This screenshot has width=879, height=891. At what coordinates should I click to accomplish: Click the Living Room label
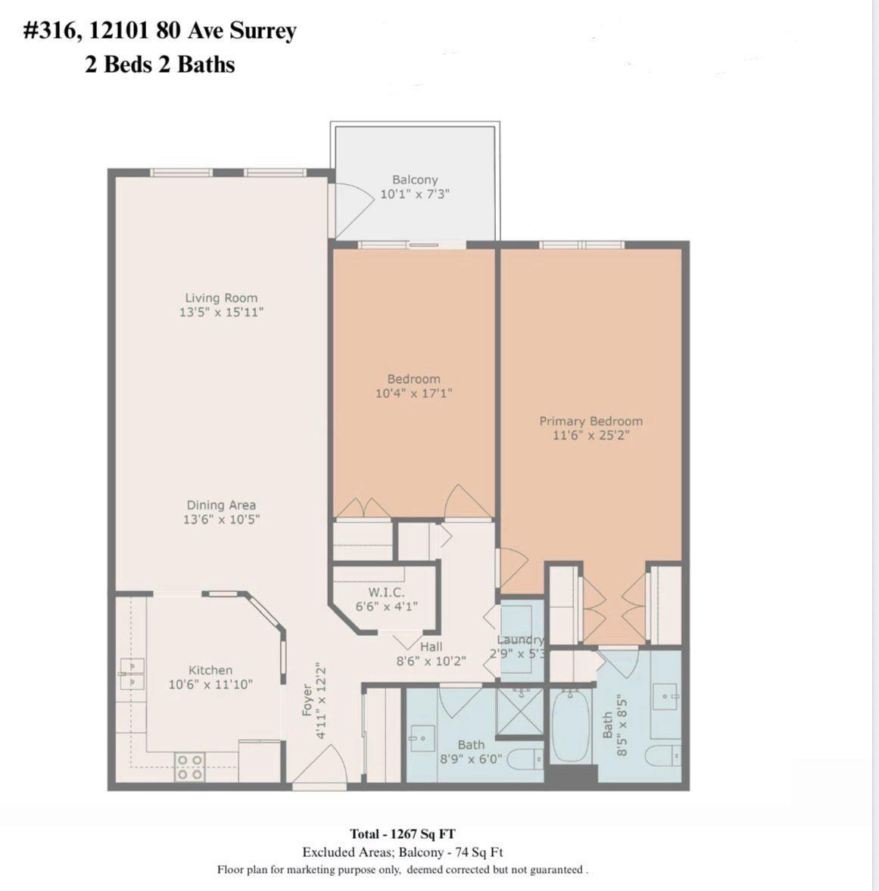click(221, 298)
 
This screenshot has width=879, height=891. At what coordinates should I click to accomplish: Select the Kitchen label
click(210, 670)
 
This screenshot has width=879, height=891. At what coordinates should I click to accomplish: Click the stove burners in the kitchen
click(189, 767)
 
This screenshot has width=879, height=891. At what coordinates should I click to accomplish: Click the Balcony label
click(414, 179)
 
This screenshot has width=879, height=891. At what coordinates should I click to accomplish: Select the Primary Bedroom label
click(591, 421)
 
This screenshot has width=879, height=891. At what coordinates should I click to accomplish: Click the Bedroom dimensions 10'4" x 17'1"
click(413, 393)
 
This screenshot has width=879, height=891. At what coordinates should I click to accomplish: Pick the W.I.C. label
click(386, 592)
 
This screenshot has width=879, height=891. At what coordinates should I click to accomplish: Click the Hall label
click(431, 646)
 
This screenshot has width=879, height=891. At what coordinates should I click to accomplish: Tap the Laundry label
click(520, 640)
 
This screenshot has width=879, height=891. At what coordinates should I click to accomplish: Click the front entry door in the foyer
click(319, 766)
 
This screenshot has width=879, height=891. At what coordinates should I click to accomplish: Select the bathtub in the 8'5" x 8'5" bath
click(571, 727)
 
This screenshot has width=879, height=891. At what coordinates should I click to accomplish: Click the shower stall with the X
click(519, 712)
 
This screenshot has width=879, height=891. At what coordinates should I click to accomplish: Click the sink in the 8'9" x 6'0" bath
click(421, 735)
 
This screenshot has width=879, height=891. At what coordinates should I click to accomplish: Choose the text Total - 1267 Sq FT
click(402, 834)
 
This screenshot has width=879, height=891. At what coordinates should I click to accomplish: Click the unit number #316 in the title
click(55, 32)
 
